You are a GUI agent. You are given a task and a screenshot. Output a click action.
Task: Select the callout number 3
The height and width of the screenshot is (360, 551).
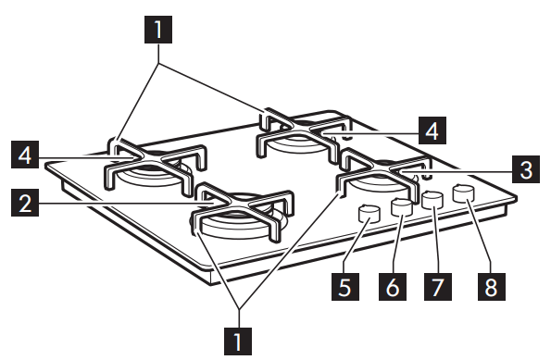pos(525,169)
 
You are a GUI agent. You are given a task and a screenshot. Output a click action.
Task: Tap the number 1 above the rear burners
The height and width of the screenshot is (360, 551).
pos(160,30)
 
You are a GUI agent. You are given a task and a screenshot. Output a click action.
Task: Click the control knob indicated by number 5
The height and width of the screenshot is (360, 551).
pos(368,215)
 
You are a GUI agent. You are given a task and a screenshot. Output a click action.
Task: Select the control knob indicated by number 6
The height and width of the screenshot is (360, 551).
pos(402,207)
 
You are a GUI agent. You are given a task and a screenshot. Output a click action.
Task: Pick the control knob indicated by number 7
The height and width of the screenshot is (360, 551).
pos(432,199)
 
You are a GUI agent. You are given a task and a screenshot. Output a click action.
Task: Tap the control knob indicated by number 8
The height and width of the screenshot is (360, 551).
pos(463,192)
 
